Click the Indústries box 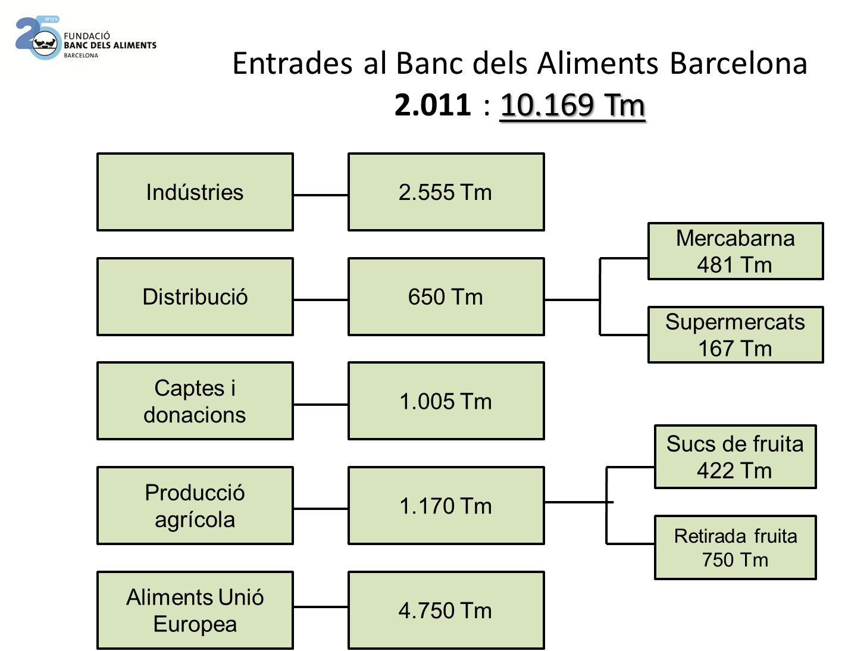[x=195, y=192]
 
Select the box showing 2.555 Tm [x=446, y=192]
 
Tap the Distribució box [x=195, y=296]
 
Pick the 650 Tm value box [x=446, y=296]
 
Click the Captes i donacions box [x=195, y=401]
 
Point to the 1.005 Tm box [x=446, y=401]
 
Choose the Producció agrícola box [x=195, y=506]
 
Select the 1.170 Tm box [x=446, y=506]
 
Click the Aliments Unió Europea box [x=195, y=610]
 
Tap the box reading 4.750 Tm [x=446, y=610]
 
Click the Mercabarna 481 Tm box [x=736, y=251]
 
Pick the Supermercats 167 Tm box [x=736, y=334]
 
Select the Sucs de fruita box [x=736, y=457]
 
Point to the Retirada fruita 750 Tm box [x=736, y=547]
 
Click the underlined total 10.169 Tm [x=574, y=107]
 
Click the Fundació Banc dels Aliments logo [x=81, y=38]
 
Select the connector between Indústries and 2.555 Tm [x=321, y=195]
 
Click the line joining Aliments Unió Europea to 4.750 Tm [x=321, y=607]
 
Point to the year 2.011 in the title [x=433, y=105]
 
